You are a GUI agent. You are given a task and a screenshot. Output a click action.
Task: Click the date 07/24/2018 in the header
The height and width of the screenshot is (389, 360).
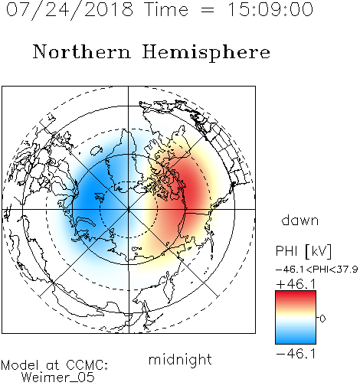pos(70,10)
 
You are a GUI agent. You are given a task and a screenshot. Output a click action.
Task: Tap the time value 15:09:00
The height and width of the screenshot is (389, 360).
pos(270,10)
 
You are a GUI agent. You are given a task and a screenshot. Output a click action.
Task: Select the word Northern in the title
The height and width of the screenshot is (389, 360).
pos(82,51)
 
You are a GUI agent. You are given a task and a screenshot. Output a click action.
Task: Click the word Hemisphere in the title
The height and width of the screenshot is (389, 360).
pos(206,53)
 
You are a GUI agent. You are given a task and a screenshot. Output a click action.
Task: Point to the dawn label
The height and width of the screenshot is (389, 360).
pos(300,220)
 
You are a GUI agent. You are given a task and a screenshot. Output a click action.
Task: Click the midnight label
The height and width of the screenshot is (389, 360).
pos(180,359)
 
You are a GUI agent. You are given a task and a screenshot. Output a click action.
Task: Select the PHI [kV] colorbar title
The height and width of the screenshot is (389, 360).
pos(303,251)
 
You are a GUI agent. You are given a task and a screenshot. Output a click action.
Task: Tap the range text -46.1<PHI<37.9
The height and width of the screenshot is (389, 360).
pos(316,270)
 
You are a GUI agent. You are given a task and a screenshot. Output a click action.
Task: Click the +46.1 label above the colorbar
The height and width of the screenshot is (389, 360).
pos(296,284)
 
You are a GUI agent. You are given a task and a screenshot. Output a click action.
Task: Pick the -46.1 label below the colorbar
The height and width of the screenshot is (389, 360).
pos(296,354)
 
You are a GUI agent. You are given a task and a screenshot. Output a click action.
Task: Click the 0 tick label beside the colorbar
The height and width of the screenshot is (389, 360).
pos(322,319)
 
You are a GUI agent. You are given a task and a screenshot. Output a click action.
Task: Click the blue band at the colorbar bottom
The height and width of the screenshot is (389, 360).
pos(296,338)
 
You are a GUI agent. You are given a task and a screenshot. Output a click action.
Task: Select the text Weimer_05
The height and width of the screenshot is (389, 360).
pos(58,377)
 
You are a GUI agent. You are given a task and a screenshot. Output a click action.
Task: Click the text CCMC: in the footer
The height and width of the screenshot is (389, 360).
pos(87,365)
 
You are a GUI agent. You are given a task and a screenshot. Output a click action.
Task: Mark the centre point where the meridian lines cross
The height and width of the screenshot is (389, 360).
pos(129,209)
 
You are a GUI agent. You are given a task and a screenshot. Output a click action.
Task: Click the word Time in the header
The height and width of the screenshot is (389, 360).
pos(166,10)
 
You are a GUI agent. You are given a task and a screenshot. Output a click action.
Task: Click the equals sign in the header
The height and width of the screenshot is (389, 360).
pos(207,11)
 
